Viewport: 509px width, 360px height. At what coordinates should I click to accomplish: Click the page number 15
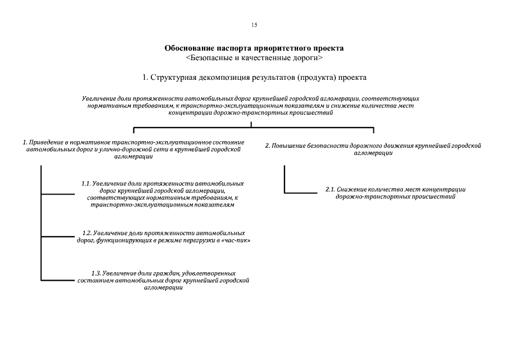click(x=254, y=25)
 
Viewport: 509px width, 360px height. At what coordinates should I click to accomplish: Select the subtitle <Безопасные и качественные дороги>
click(x=254, y=57)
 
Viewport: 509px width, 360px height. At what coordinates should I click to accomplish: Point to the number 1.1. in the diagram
click(x=86, y=183)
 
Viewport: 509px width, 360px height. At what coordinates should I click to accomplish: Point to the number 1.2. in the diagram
click(x=87, y=232)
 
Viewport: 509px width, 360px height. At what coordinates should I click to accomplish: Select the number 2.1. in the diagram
click(x=331, y=190)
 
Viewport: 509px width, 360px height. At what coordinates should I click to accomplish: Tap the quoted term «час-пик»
click(x=237, y=240)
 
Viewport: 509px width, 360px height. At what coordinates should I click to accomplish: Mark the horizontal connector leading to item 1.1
click(x=62, y=194)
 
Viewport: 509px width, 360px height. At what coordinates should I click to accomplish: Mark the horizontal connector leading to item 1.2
click(x=62, y=236)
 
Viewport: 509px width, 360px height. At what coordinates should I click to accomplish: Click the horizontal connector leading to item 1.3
click(x=62, y=280)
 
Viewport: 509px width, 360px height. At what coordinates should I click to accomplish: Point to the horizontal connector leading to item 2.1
click(x=304, y=193)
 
